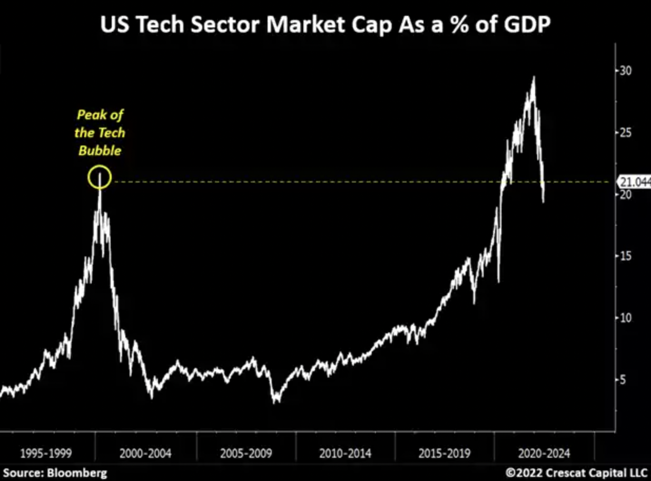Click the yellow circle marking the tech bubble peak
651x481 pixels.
[x=100, y=177]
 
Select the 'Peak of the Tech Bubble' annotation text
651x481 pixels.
[x=100, y=133]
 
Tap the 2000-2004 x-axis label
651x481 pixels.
[x=145, y=453]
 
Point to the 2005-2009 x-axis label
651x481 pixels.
[x=245, y=453]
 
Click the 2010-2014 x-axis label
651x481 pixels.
[x=345, y=453]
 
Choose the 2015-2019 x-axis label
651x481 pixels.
[x=445, y=453]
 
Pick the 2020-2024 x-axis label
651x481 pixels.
[x=544, y=453]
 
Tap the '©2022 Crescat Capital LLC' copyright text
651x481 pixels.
[x=576, y=473]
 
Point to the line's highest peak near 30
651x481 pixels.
[x=534, y=77]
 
